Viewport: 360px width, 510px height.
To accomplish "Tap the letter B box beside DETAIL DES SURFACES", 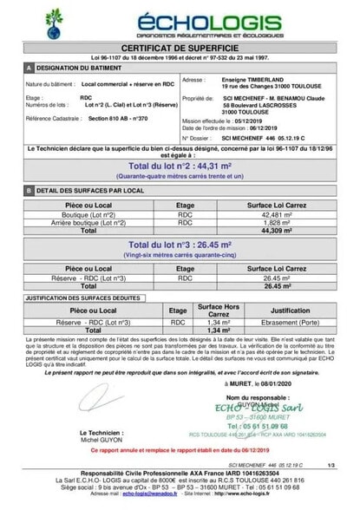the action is click(29, 190).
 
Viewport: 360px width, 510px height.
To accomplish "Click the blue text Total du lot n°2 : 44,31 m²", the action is click(180, 165).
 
